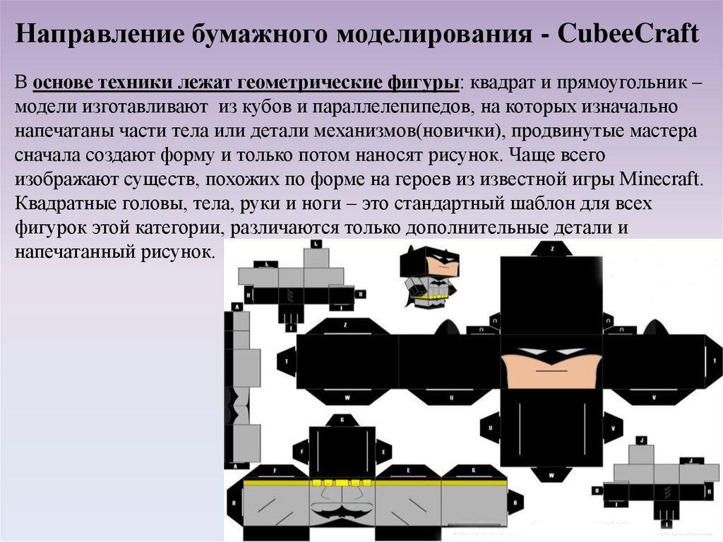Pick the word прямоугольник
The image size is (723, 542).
coord(619,83)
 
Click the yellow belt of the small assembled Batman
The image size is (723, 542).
coord(432,297)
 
